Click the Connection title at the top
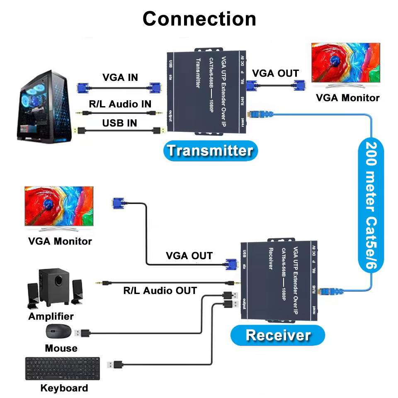199,19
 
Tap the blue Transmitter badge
210,150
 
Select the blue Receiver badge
278,335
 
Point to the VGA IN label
120,78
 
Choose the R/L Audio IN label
120,104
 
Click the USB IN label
120,123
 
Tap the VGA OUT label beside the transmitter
276,73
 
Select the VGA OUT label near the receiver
189,255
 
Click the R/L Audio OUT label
160,291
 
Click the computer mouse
58,331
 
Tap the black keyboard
63,369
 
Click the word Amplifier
51,316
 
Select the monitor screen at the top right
346,63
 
